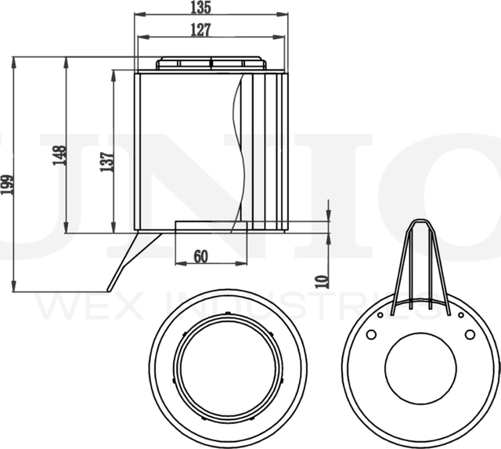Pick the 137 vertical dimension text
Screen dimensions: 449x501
click(x=107, y=161)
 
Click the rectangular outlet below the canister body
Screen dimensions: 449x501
click(x=211, y=226)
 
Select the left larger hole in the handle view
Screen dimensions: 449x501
click(x=371, y=335)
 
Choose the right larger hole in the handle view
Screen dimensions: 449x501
click(x=470, y=335)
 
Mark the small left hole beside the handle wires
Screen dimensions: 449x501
click(x=380, y=315)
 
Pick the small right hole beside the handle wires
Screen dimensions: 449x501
click(x=460, y=315)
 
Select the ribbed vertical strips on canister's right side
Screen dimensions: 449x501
click(x=270, y=149)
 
